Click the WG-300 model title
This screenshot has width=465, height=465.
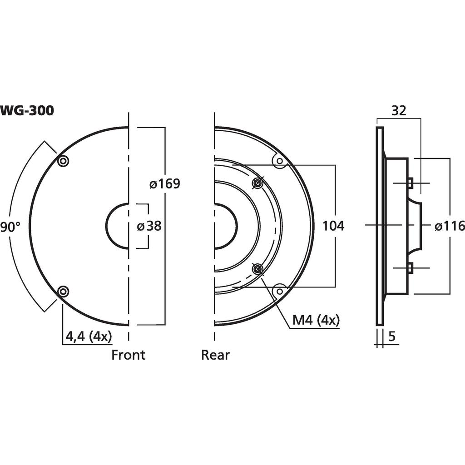coord(27,110)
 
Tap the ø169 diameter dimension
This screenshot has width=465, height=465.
coord(165,184)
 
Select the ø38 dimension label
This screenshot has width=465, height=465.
coord(149,226)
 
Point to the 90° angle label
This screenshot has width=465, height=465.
coord(10,227)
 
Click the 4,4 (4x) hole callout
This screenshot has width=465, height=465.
coord(89,336)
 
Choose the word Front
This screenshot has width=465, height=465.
coord(129,355)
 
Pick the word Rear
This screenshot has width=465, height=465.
coord(215,355)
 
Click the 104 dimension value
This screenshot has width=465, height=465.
coord(333,226)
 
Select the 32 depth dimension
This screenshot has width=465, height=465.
coord(399,110)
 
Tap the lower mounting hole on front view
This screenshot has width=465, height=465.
coord(63,291)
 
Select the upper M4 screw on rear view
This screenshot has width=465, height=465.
coord(257,183)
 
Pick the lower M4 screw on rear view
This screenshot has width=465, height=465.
coord(257,269)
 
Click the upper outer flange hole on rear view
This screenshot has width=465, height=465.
coord(280,161)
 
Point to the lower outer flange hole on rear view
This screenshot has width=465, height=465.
coord(280,291)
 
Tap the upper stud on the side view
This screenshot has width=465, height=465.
coord(410,183)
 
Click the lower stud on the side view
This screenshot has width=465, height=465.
coord(410,268)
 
